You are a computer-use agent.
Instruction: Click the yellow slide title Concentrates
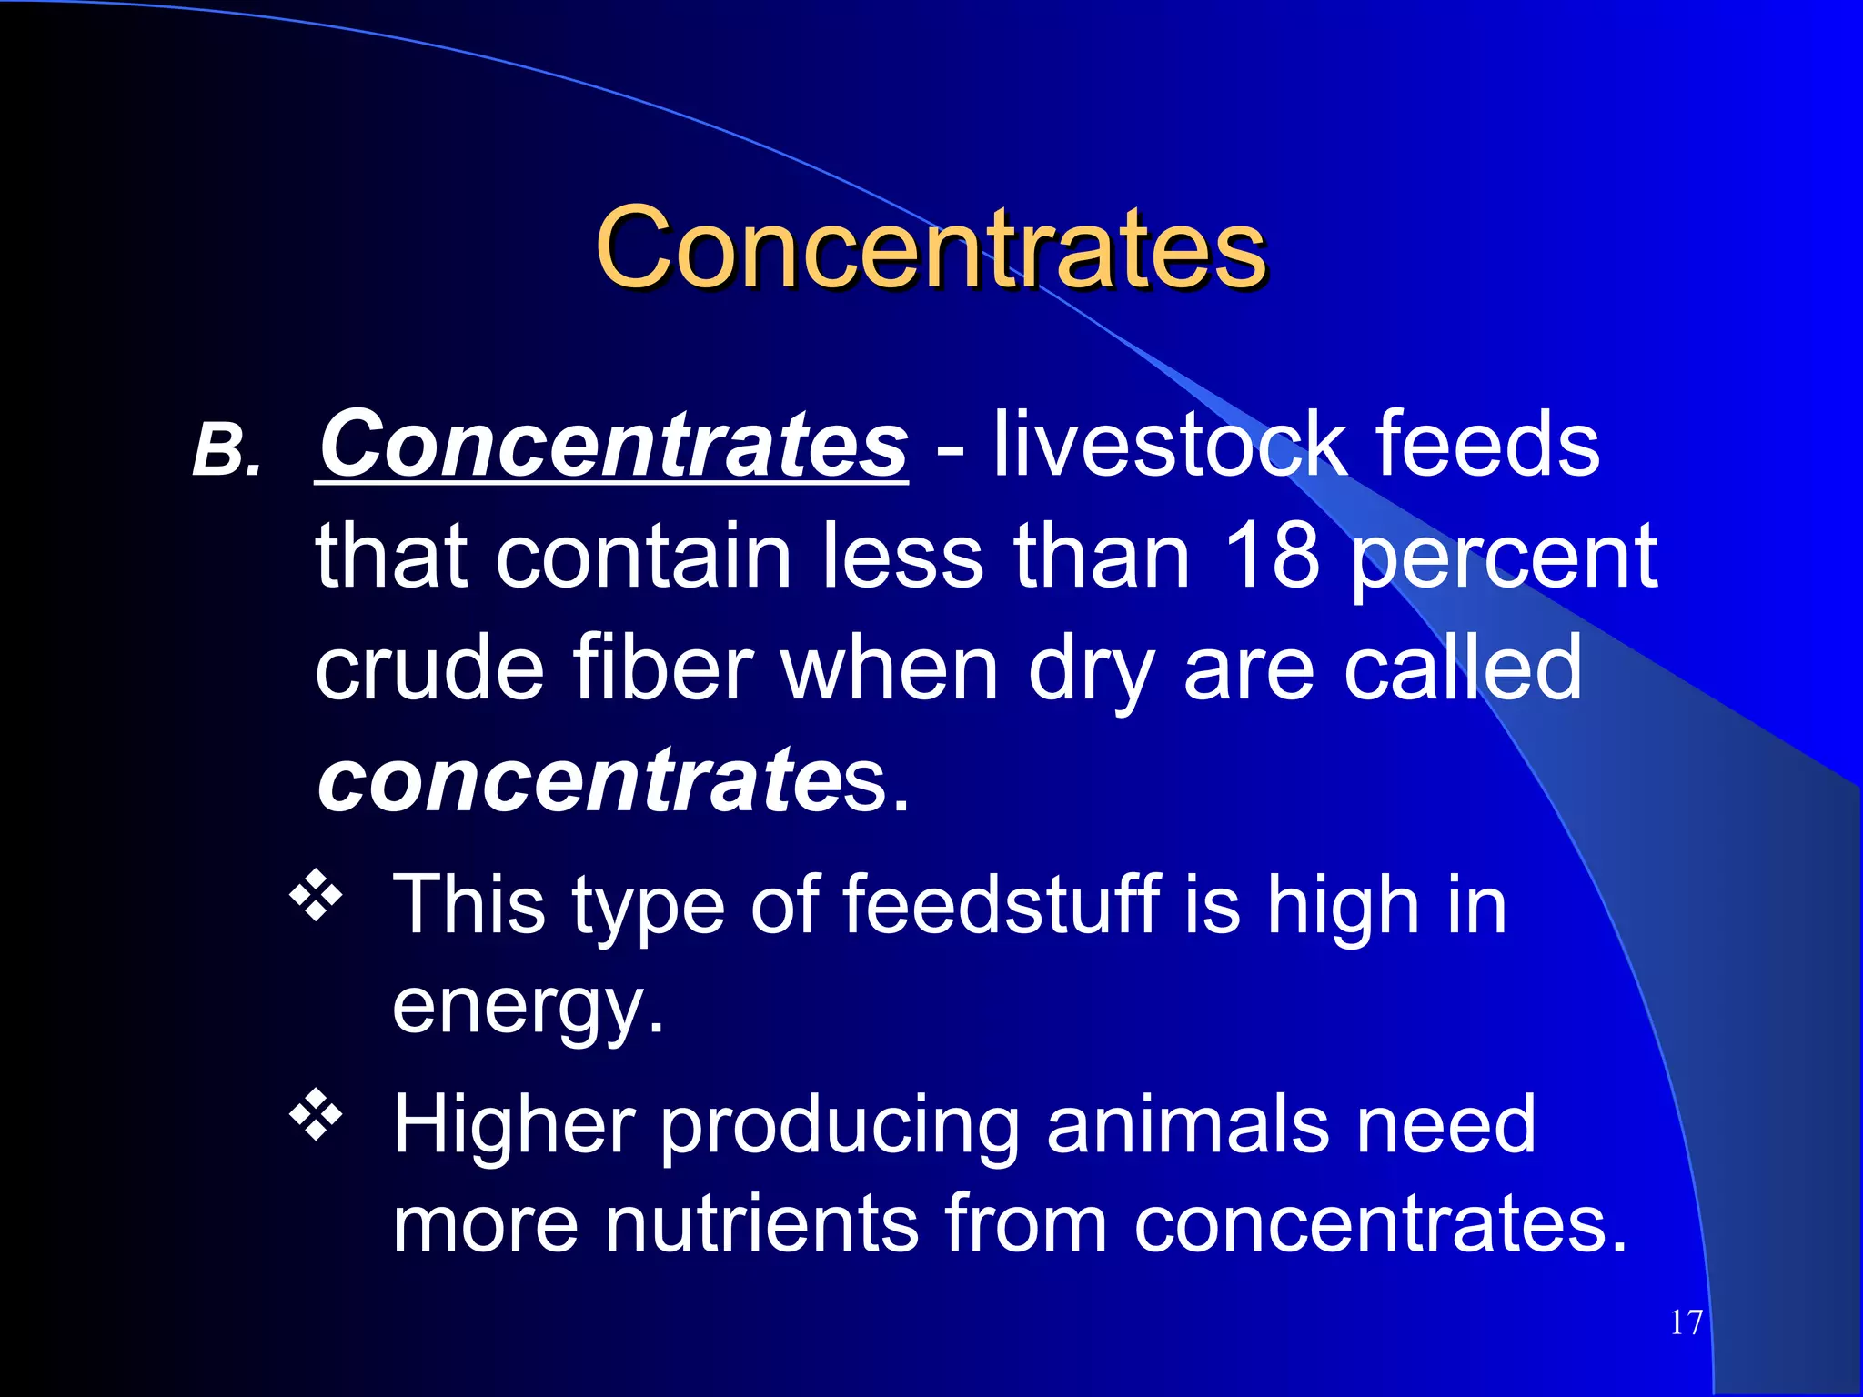click(x=930, y=247)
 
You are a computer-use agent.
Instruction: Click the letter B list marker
click(x=226, y=451)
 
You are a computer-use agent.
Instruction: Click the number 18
click(x=1272, y=557)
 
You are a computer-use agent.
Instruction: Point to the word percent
click(x=1504, y=559)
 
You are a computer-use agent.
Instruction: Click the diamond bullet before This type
click(x=316, y=896)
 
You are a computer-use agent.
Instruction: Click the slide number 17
click(x=1686, y=1322)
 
